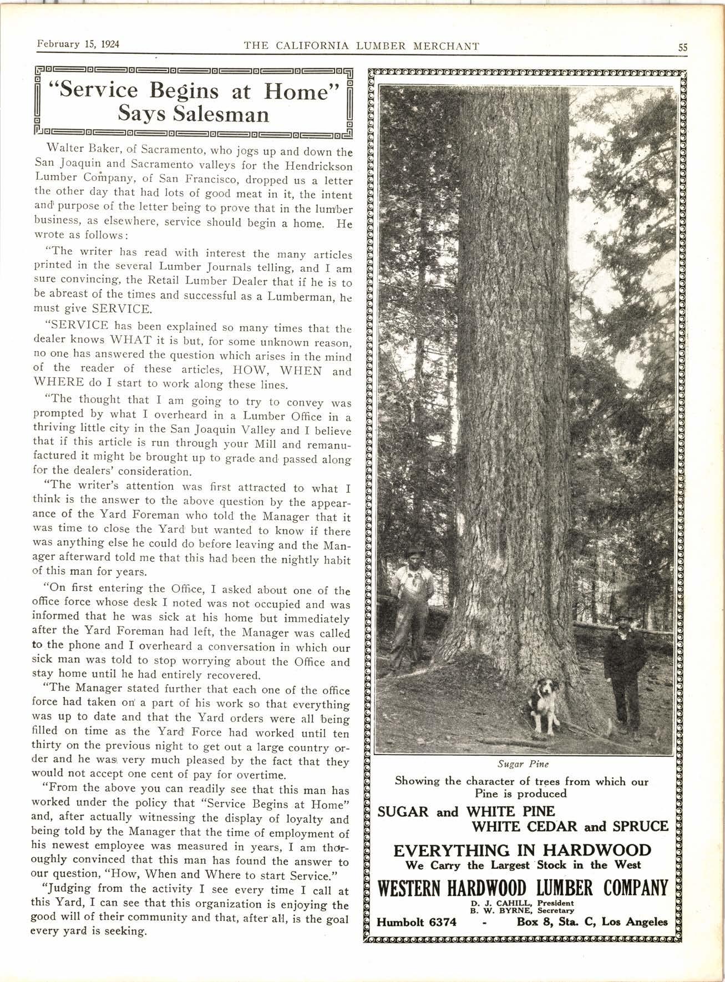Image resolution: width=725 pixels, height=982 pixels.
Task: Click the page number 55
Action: (682, 48)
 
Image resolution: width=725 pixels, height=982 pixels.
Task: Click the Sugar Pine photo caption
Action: (515, 763)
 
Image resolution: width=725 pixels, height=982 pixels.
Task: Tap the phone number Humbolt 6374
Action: (417, 922)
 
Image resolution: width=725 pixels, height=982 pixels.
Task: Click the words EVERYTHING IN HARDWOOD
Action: (522, 851)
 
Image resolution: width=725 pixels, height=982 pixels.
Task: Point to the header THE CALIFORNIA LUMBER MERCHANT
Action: (362, 46)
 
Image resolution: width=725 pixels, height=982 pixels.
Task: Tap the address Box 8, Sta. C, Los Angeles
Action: (592, 922)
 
